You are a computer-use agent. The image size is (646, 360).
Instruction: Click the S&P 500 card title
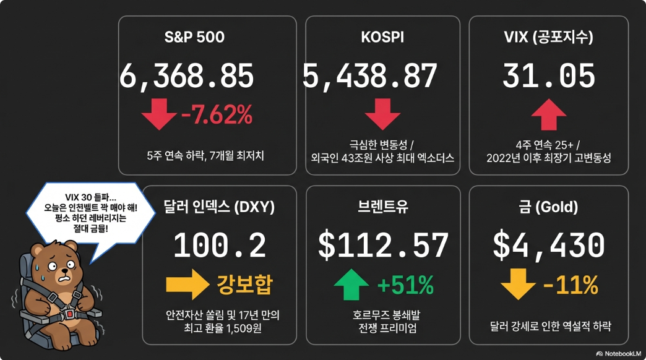pos(194,37)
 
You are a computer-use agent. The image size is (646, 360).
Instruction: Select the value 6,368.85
pos(187,77)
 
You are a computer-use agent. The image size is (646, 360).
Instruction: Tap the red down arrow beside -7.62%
pos(159,114)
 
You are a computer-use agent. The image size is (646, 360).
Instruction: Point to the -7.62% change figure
pos(217,114)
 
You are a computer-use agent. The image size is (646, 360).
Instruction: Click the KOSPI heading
pos(382,37)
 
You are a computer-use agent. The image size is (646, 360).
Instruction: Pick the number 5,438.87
pos(370,77)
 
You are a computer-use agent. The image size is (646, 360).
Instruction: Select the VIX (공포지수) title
pos(549,37)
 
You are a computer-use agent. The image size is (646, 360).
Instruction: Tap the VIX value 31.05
pos(549,77)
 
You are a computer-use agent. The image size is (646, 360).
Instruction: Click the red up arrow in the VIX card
pos(549,115)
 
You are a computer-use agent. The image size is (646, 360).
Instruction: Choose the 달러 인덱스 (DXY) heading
pos(220,207)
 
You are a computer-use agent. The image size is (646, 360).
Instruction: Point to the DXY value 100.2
pos(220,246)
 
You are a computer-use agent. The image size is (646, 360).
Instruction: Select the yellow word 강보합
pos(244,285)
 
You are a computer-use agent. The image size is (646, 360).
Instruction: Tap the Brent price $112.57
pos(383,246)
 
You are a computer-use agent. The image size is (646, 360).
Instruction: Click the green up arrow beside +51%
pos(351,285)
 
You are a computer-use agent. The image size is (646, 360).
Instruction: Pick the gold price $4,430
pos(549,246)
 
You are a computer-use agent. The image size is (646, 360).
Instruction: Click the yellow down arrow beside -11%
pos(517,285)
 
